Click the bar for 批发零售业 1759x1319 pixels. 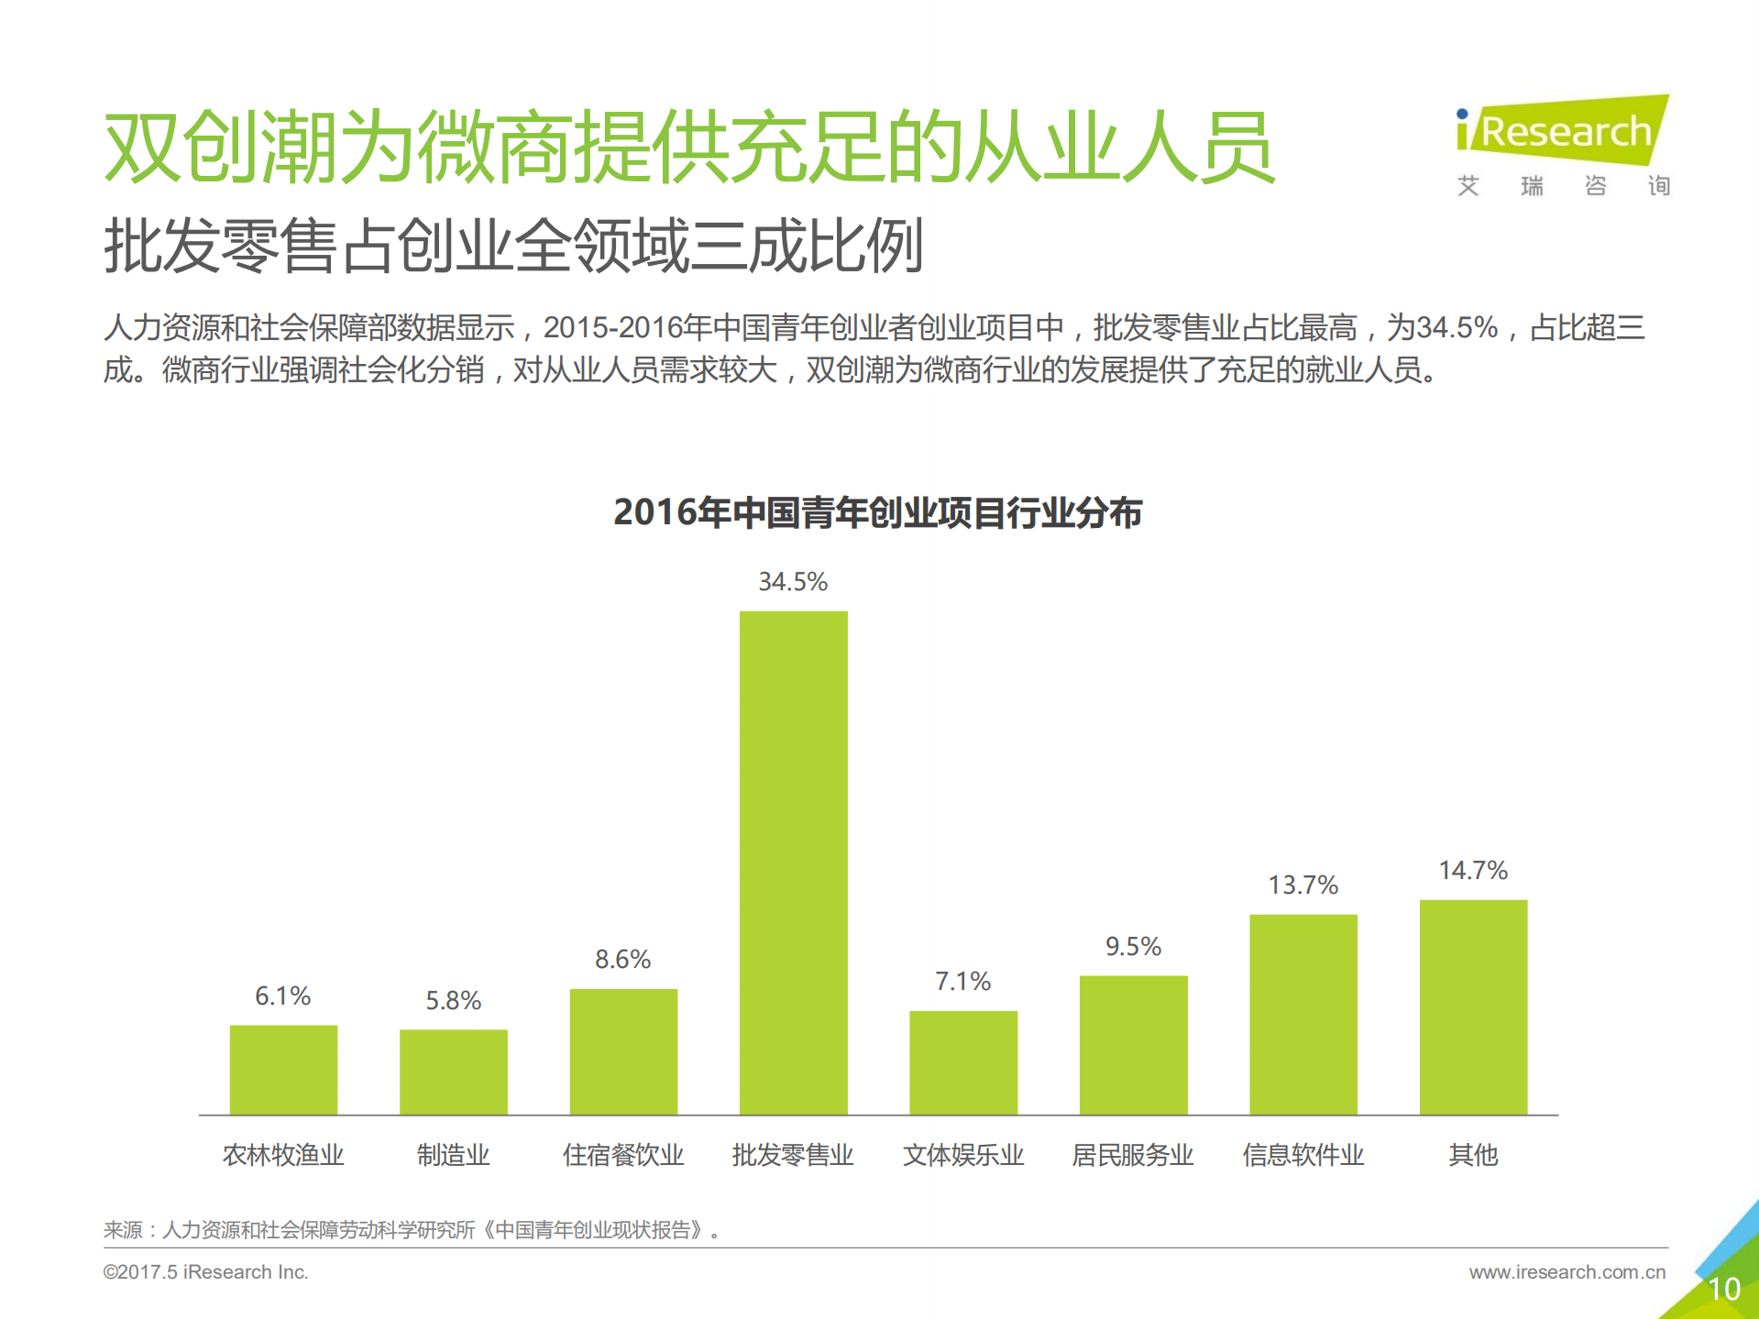click(x=793, y=862)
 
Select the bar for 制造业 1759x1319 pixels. click(x=453, y=1072)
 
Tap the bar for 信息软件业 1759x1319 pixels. click(x=1303, y=1014)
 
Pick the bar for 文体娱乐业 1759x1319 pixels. click(x=962, y=1062)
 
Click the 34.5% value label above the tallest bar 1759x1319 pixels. click(x=793, y=581)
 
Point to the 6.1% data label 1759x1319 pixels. click(x=282, y=995)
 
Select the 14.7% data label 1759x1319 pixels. click(x=1472, y=870)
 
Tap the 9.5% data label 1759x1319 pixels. click(x=1133, y=946)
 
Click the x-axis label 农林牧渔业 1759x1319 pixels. click(x=282, y=1155)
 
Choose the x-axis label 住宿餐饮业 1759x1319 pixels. click(x=623, y=1155)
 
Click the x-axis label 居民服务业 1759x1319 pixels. click(x=1133, y=1155)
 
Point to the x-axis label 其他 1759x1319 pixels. click(x=1472, y=1155)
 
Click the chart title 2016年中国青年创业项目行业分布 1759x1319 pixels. click(x=877, y=512)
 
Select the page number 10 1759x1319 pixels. click(x=1723, y=1289)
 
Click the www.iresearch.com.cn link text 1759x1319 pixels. click(x=1567, y=1272)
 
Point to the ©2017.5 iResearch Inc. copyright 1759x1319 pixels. click(x=205, y=1272)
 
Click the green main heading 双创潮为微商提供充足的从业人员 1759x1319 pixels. click(x=688, y=147)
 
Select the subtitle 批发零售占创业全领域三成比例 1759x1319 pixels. click(x=513, y=246)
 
